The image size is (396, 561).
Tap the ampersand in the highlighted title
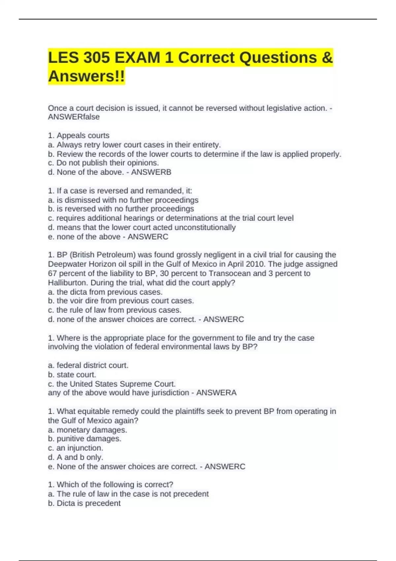pos(327,58)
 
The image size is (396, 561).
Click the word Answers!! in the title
pos(86,76)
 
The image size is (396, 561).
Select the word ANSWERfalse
pos(74,117)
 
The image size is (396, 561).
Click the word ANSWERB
pos(151,172)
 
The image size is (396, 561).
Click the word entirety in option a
pos(206,145)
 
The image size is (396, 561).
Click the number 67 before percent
pos(52,273)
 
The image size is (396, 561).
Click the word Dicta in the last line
pos(66,503)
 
